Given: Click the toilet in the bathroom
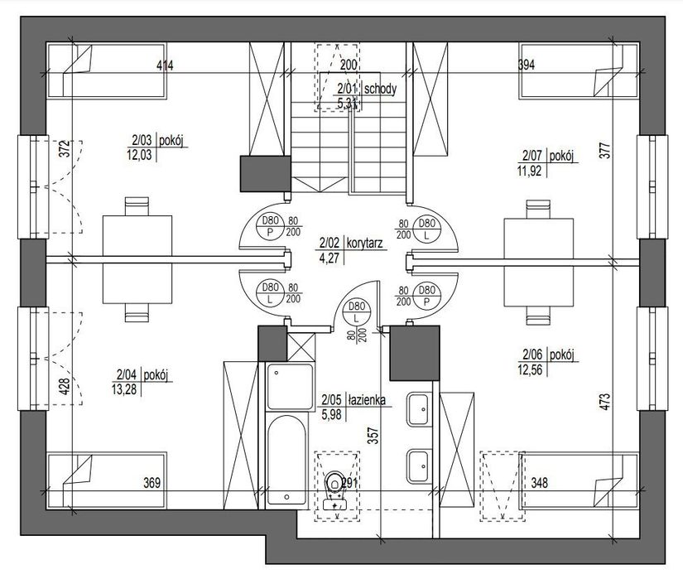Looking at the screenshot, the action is point(334,490).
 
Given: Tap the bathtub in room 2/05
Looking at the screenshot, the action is point(286,460).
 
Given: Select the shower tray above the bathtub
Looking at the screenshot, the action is point(290,387).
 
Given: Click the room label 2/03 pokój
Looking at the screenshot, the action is point(156,141).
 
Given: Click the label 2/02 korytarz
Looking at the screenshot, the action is point(351,243).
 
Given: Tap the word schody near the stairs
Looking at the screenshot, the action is point(380,89).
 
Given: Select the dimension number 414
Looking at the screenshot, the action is point(165,65).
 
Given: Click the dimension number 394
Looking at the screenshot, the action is point(527,65).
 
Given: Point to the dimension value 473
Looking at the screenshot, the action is point(605,402).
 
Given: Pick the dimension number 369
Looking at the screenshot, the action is point(152,483).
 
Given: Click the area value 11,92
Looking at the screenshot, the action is point(529,171).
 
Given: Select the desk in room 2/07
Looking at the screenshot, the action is point(538,263).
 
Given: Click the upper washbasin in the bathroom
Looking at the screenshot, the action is point(419,409).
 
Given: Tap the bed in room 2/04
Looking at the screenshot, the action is point(106,480).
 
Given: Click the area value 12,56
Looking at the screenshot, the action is point(530,369).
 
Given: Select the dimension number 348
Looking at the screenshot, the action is point(539,483).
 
